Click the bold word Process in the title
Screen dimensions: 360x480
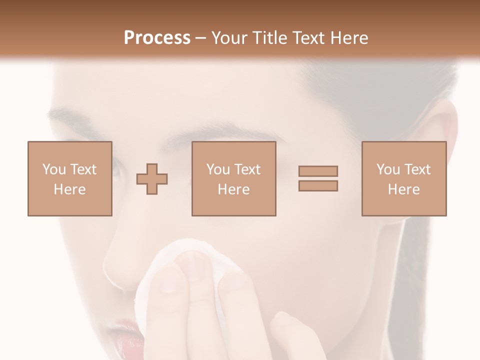pos(157,38)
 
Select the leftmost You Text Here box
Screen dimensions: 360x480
pos(70,179)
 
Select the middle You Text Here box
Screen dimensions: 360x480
pos(234,179)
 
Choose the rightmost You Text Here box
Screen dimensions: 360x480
pos(404,179)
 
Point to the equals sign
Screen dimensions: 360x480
pos(318,178)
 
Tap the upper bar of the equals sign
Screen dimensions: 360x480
pos(318,171)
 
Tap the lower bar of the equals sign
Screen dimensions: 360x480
pos(318,185)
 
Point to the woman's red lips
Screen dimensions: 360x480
pos(125,337)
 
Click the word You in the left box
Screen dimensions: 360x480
pos(54,169)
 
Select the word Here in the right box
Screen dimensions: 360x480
pos(404,189)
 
